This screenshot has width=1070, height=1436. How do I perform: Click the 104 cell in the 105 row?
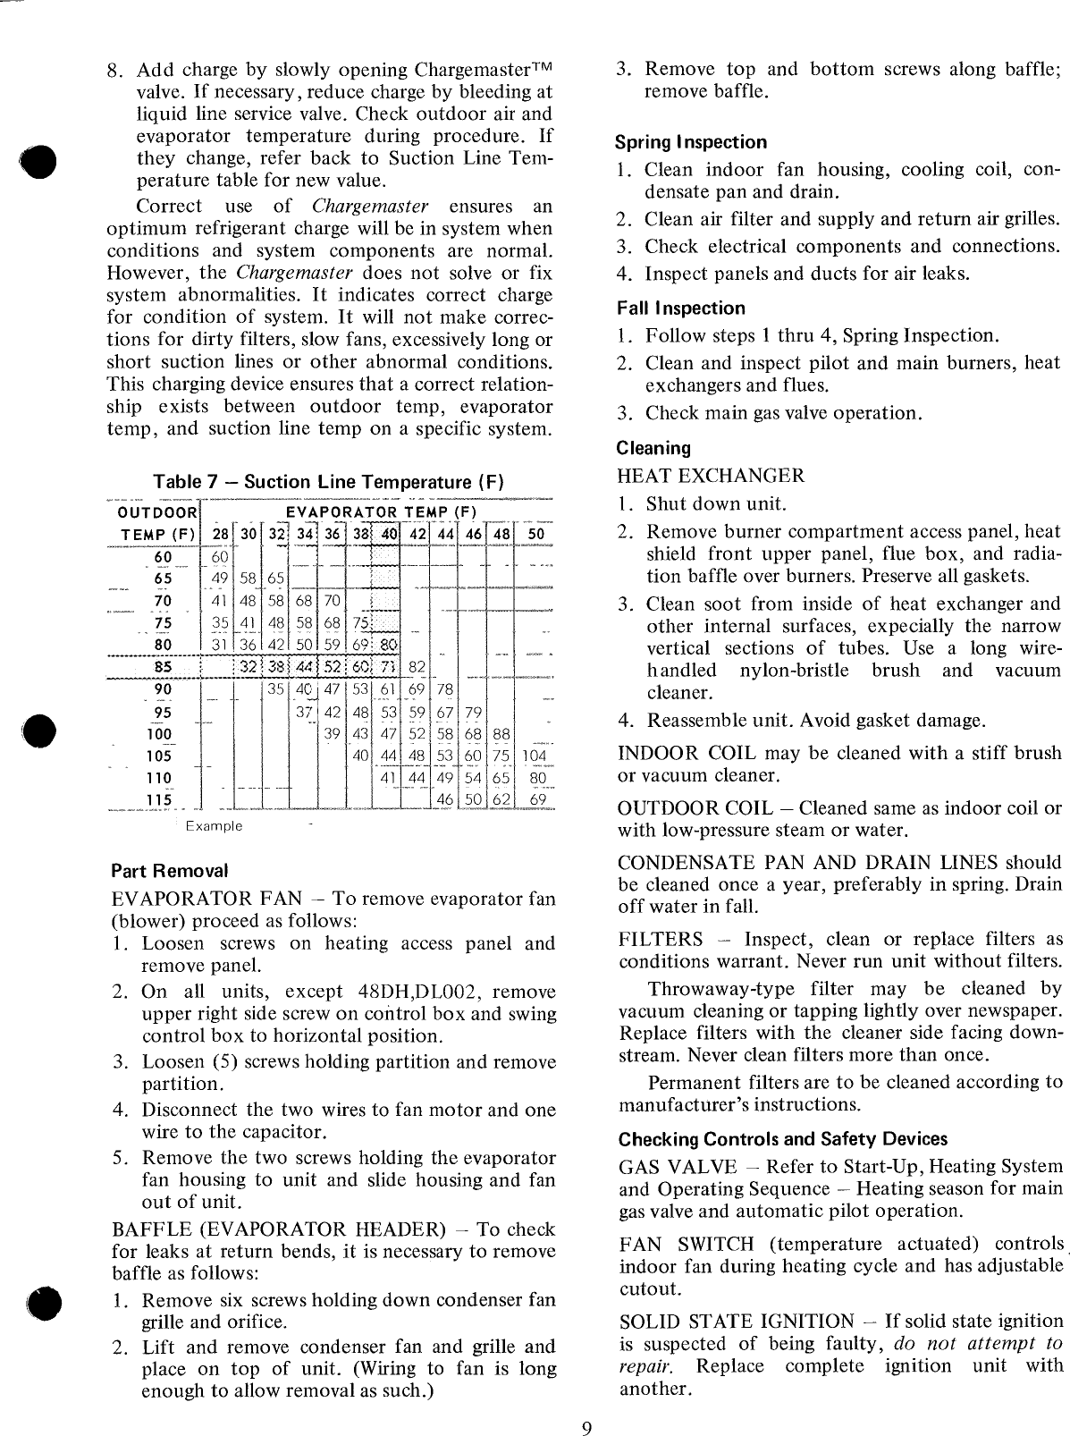(534, 756)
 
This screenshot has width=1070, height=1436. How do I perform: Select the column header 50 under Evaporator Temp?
(534, 536)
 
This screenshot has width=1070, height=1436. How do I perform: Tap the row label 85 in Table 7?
(164, 667)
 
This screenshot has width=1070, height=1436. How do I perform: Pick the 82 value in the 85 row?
(417, 667)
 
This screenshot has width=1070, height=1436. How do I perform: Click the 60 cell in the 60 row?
(219, 558)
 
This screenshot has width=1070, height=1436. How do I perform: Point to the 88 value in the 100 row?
(501, 734)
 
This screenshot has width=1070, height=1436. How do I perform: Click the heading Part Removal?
(170, 870)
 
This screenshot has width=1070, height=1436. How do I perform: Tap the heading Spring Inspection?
(691, 142)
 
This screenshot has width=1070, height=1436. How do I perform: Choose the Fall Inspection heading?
(680, 308)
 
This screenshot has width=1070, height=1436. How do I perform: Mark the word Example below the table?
(214, 826)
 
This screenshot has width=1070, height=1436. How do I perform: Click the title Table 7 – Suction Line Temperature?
(329, 482)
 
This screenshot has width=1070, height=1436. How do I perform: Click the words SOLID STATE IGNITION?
(737, 1322)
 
